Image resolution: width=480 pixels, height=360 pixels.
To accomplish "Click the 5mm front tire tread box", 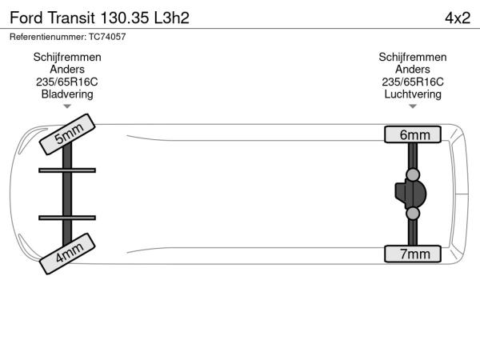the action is (x=67, y=134).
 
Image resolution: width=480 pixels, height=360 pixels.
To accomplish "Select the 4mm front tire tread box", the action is (x=67, y=254).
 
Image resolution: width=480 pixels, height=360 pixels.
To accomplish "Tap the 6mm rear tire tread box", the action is (x=413, y=134).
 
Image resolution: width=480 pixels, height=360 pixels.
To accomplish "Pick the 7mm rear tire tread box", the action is (x=413, y=254).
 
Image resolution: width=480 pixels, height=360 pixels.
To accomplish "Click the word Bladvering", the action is (x=67, y=94).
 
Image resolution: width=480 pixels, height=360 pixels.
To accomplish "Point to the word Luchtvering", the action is (x=413, y=94).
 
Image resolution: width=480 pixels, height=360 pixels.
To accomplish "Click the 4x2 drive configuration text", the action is (x=458, y=18).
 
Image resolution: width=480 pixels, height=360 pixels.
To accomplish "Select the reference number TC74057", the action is (x=107, y=37).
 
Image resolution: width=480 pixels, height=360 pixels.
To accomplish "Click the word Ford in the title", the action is (x=26, y=18).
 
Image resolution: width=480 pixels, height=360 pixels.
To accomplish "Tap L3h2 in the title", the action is (x=172, y=18).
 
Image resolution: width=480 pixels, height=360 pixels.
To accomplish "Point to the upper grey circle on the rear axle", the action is (x=413, y=174).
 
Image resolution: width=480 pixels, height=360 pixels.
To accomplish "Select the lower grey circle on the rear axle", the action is (x=413, y=214).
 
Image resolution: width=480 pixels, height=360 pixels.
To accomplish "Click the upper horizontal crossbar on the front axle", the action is (x=67, y=170).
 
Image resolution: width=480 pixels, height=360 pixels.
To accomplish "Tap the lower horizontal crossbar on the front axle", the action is (x=67, y=218).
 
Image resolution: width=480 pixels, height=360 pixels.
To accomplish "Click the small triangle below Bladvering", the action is (x=67, y=106).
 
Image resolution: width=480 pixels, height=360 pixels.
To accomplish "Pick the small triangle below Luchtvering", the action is (x=413, y=106).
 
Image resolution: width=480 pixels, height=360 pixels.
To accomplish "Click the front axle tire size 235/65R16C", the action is (x=67, y=82).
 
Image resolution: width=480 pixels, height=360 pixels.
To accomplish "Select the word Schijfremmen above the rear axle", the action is (x=413, y=58).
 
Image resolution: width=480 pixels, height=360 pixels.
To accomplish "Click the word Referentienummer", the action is (x=48, y=37).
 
